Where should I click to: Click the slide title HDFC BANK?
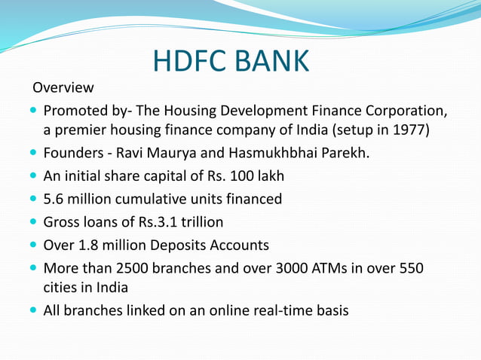coord(230,61)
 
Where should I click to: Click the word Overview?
coord(63,88)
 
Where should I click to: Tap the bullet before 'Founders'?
coord(33,154)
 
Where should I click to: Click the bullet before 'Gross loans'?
coord(33,222)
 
